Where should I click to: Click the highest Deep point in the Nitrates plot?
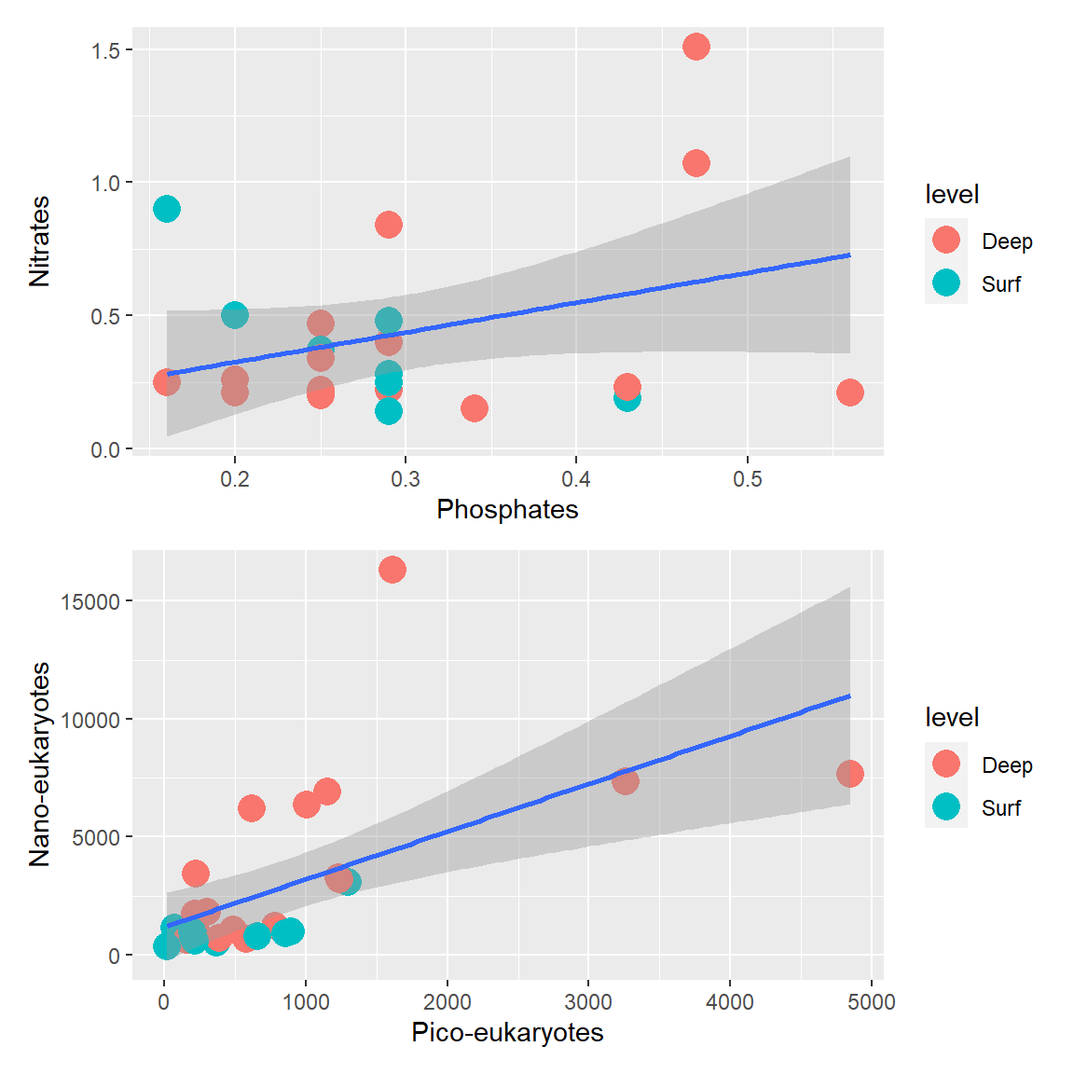(695, 47)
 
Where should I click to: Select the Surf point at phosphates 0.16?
(167, 209)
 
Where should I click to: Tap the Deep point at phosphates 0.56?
(849, 392)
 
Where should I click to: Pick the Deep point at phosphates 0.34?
(475, 407)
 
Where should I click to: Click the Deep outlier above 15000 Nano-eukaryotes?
(392, 570)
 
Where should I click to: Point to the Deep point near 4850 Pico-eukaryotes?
(849, 773)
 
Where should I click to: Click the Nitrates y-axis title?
(39, 241)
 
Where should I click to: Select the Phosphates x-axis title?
(507, 510)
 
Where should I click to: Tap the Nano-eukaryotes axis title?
(39, 764)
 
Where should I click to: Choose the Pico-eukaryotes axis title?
(507, 1033)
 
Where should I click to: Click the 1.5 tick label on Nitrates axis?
(106, 50)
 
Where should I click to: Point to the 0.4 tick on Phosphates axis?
(576, 479)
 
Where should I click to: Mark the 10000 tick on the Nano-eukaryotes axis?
(90, 720)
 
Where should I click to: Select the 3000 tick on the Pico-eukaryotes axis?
(588, 1002)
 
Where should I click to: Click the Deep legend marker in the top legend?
(946, 241)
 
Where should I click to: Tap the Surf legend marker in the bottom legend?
(946, 807)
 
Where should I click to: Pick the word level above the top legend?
(952, 194)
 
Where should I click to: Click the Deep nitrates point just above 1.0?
(695, 163)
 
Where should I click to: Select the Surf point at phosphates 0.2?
(235, 315)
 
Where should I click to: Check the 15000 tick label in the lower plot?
(90, 602)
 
